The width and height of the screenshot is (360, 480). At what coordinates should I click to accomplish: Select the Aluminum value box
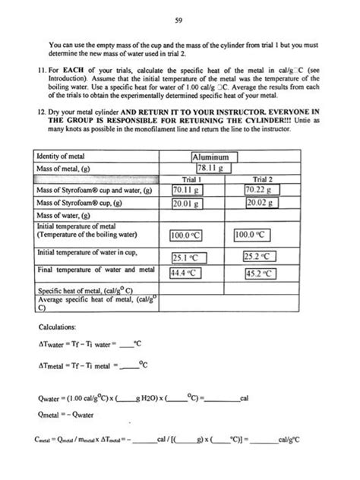coord(216,157)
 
